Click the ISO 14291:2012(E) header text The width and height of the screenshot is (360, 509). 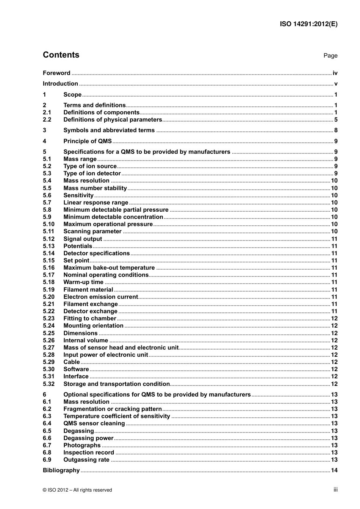click(308, 24)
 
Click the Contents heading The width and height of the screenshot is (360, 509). click(61, 55)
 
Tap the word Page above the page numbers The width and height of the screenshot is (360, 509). click(330, 56)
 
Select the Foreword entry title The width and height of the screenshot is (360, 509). click(56, 73)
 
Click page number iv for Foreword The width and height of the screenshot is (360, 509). click(335, 73)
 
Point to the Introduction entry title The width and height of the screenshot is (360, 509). click(60, 84)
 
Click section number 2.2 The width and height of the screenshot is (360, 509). click(47, 120)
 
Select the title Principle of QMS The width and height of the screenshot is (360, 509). click(88, 141)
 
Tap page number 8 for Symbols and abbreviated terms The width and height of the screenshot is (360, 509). click(336, 131)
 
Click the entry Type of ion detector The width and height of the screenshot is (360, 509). click(92, 173)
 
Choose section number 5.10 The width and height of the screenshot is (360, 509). click(49, 224)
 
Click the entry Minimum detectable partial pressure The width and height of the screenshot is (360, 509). click(116, 210)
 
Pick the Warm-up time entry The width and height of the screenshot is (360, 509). click(83, 282)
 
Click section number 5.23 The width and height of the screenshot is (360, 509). click(49, 319)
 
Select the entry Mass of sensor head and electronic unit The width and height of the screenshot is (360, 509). click(121, 348)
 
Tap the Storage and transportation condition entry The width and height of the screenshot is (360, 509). click(116, 384)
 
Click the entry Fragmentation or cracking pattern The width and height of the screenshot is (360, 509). click(113, 409)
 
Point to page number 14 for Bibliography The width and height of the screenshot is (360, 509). click(334, 470)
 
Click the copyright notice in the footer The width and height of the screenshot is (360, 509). click(77, 490)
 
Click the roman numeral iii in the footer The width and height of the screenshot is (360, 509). click(335, 490)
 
